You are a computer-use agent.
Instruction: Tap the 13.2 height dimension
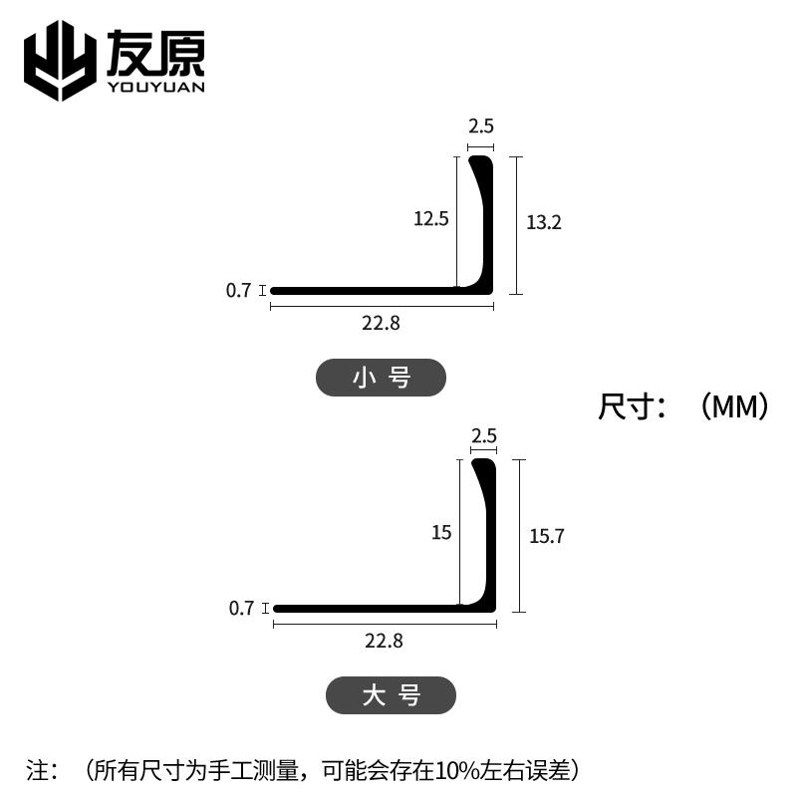544,222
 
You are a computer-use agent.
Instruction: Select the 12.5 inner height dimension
431,218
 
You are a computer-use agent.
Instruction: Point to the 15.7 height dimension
547,536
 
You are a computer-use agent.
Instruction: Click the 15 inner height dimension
441,533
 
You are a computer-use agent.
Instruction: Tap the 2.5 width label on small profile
481,127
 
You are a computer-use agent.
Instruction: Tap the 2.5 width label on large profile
484,435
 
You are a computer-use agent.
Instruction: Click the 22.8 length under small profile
382,322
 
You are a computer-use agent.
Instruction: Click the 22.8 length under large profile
384,641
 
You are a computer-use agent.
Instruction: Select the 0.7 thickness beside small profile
238,291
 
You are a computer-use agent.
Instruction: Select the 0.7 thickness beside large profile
241,608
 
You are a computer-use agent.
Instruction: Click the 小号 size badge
381,378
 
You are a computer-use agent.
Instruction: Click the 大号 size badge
391,695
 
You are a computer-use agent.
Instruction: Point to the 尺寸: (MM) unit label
683,406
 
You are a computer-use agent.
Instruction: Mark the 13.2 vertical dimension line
515,225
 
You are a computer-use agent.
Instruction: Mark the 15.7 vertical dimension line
519,536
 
